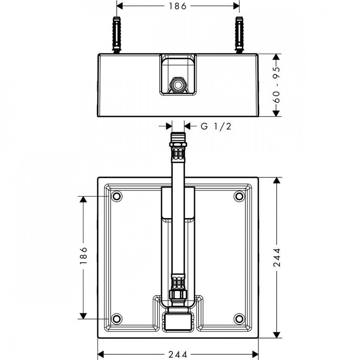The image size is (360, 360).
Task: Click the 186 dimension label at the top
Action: click(x=178, y=6)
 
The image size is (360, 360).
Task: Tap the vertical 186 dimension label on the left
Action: click(x=83, y=255)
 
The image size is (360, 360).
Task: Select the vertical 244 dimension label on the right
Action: click(x=277, y=258)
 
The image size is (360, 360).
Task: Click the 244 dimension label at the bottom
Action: click(x=178, y=354)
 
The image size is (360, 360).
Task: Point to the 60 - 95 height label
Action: click(x=277, y=85)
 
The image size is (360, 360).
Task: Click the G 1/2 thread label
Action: click(x=216, y=126)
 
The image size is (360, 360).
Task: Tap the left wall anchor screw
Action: click(x=116, y=35)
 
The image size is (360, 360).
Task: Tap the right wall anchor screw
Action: click(x=239, y=35)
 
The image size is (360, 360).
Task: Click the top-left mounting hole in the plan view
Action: click(x=116, y=196)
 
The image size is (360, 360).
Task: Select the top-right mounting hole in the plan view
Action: click(x=239, y=196)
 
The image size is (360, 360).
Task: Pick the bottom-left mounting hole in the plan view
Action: click(x=116, y=318)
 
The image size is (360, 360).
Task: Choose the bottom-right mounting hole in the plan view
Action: click(x=239, y=318)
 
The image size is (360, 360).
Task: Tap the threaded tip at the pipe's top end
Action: click(x=178, y=137)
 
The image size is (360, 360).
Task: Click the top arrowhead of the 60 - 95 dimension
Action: click(x=277, y=58)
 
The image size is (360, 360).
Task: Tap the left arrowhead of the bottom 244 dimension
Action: click(x=102, y=354)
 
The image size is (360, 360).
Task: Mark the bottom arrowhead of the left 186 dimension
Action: click(x=83, y=316)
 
